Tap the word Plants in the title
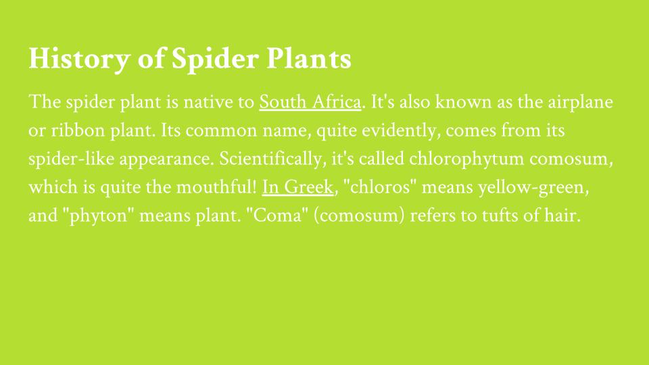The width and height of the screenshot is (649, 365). pyautogui.click(x=309, y=58)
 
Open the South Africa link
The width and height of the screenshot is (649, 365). pyautogui.click(x=310, y=102)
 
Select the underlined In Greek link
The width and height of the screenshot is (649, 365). pyautogui.click(x=297, y=187)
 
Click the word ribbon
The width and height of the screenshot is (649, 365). pyautogui.click(x=78, y=130)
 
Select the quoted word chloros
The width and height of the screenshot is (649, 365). pyautogui.click(x=379, y=187)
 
